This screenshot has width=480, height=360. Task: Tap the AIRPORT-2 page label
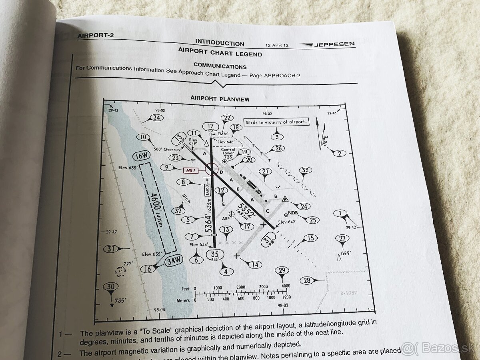pyautogui.click(x=96, y=35)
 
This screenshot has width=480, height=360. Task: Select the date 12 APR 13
pyautogui.click(x=276, y=45)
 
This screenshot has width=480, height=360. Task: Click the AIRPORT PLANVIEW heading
pyautogui.click(x=220, y=98)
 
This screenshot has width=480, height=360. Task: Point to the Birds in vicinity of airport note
pyautogui.click(x=276, y=122)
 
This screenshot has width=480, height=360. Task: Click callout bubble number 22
pyautogui.click(x=227, y=118)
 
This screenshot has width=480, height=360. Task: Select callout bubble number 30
pyautogui.click(x=111, y=287)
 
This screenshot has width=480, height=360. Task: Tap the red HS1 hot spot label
pyautogui.click(x=190, y=170)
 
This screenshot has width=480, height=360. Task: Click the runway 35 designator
pyautogui.click(x=215, y=254)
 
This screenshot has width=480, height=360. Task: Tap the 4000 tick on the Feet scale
pyautogui.click(x=286, y=287)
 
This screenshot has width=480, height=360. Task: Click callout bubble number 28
pyautogui.click(x=307, y=280)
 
